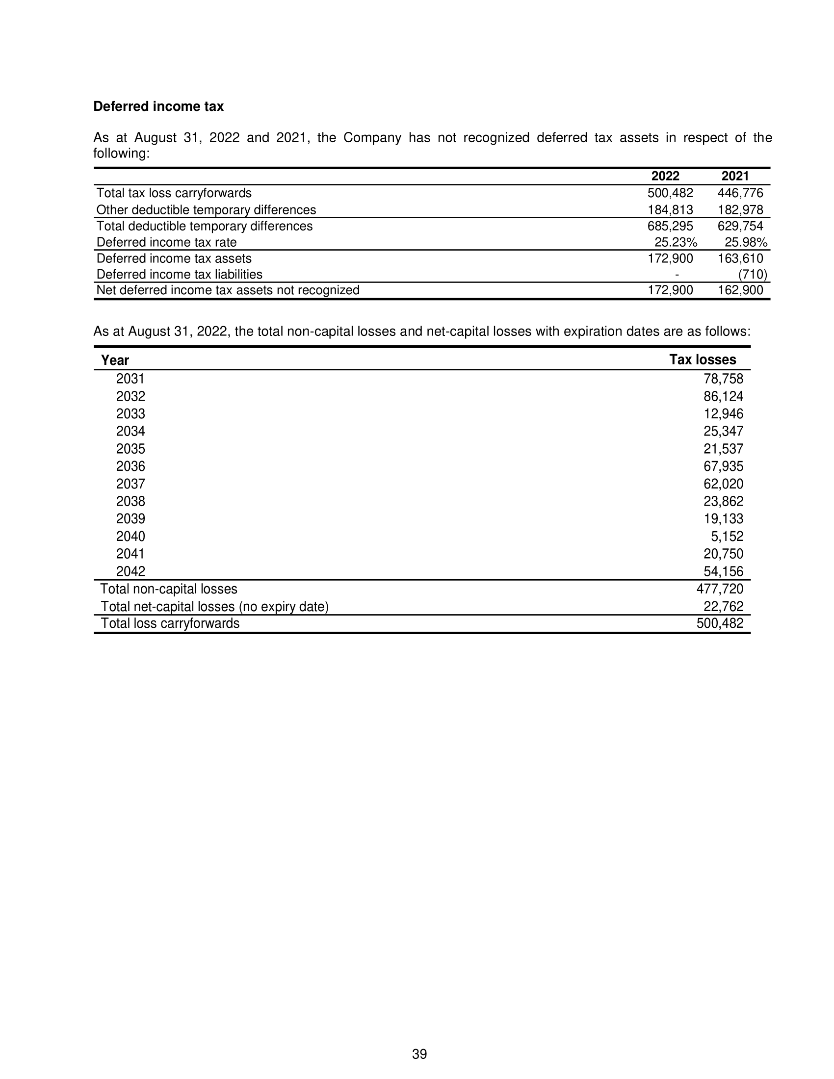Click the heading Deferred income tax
(158, 106)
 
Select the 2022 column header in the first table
(665, 176)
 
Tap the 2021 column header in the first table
(735, 176)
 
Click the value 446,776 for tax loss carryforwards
(740, 193)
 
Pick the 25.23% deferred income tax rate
(676, 242)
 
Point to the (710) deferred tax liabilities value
(753, 274)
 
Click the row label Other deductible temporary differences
(206, 209)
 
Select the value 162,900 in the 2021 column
(740, 290)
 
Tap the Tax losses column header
(702, 360)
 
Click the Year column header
(115, 360)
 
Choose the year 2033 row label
(130, 413)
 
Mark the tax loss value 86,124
(723, 396)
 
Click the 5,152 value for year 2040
(727, 536)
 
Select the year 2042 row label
(130, 571)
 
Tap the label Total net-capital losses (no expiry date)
(214, 606)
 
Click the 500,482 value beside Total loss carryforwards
(719, 623)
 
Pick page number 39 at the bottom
(419, 1054)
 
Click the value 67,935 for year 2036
(723, 466)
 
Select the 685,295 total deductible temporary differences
(670, 226)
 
